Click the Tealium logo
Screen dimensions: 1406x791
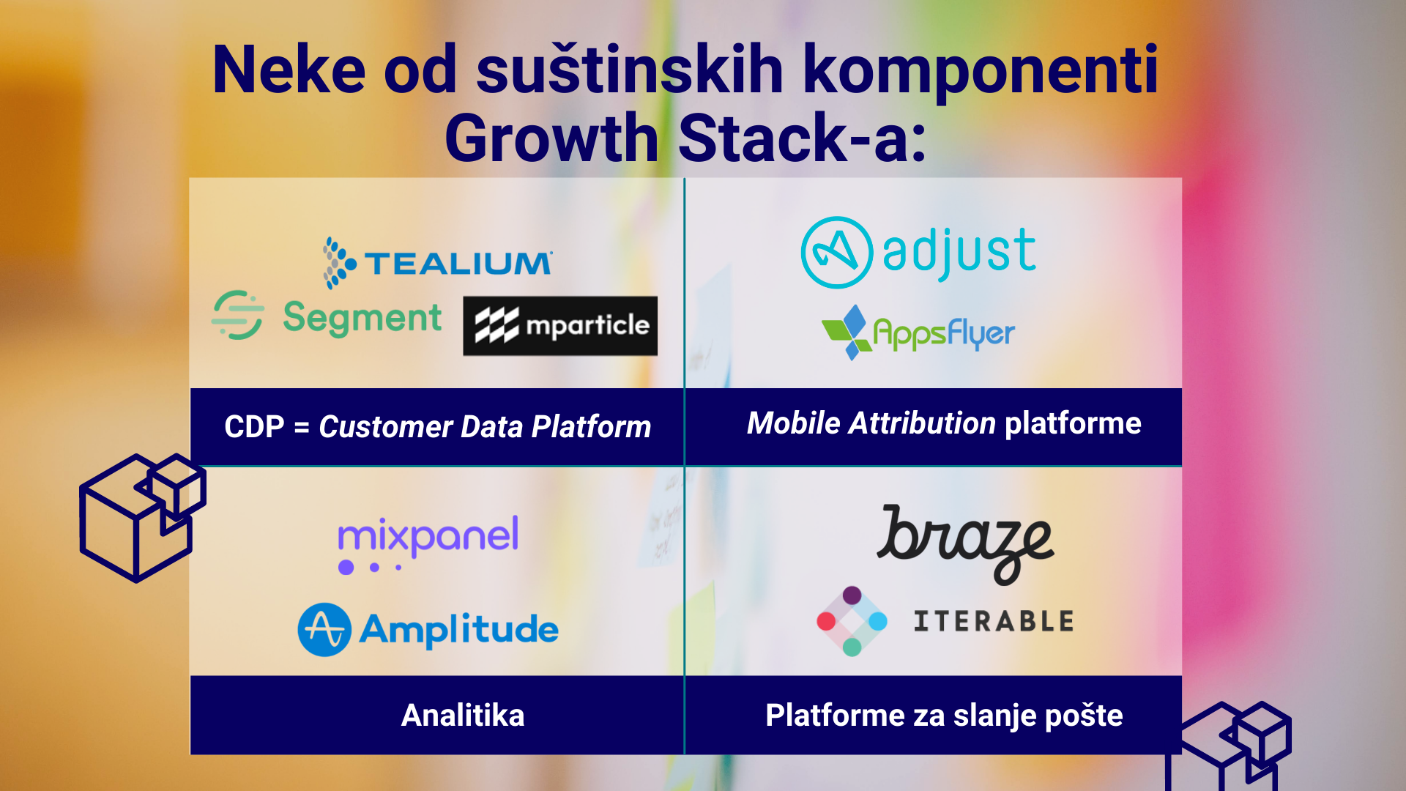(438, 262)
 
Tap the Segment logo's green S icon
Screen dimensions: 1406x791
(238, 315)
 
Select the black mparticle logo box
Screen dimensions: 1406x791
(560, 326)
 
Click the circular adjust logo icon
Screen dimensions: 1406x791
(836, 253)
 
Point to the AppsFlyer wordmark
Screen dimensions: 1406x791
(944, 334)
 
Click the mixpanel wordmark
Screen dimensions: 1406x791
(428, 536)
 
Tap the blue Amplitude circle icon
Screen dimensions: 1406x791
(324, 630)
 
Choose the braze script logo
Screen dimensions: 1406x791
(965, 544)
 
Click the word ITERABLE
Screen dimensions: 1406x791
(994, 622)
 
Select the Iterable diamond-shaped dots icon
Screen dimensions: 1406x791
(852, 621)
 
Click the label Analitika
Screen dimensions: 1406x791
(463, 716)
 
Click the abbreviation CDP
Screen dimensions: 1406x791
(254, 427)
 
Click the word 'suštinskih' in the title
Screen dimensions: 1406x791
(630, 70)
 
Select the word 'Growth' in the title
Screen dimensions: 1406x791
(552, 138)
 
